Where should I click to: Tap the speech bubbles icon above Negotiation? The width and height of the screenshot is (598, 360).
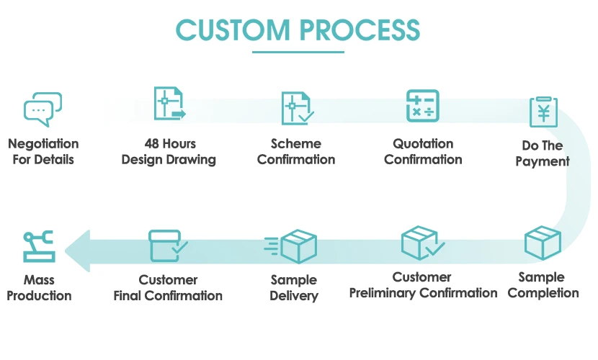[43, 109]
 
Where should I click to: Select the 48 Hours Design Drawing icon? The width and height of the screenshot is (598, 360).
[169, 104]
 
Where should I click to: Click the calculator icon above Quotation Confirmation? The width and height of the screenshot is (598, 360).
[423, 106]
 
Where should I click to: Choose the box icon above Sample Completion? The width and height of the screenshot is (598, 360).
[543, 243]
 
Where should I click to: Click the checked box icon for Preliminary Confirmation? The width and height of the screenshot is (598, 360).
[421, 243]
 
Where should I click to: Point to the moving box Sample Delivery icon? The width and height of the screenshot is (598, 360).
[293, 247]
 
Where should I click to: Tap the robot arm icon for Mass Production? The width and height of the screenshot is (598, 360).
[38, 246]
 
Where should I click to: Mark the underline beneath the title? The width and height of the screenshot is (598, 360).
[298, 52]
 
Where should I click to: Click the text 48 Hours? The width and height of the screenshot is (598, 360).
[169, 143]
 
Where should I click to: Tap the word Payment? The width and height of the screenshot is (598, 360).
[543, 161]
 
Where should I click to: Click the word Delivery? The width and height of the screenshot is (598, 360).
[294, 295]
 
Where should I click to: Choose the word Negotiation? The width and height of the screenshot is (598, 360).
[43, 143]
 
